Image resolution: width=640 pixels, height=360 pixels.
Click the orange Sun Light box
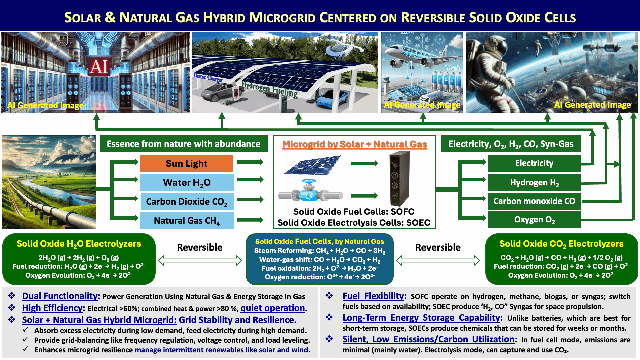click(186, 163)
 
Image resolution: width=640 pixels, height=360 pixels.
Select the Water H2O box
click(187, 182)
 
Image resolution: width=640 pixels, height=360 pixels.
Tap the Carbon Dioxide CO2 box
click(187, 201)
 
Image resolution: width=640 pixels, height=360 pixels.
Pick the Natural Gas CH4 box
click(187, 220)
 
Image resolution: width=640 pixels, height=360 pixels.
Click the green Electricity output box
click(534, 163)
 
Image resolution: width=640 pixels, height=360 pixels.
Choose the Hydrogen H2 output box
click(534, 182)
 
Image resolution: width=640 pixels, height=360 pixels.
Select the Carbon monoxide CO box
click(534, 201)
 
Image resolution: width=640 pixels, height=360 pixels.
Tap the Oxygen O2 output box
click(534, 220)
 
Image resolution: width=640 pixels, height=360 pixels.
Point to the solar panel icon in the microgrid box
click(313, 165)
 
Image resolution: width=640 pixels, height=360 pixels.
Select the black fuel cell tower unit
click(399, 178)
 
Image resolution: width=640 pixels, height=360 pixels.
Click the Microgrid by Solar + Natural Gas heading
click(354, 144)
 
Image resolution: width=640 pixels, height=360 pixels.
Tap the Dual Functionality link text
click(61, 296)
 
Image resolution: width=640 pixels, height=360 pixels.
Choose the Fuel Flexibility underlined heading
click(374, 296)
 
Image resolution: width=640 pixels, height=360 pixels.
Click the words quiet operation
click(273, 308)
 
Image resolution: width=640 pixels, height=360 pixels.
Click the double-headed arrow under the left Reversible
click(200, 260)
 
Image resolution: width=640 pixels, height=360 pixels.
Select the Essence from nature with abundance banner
click(184, 144)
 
